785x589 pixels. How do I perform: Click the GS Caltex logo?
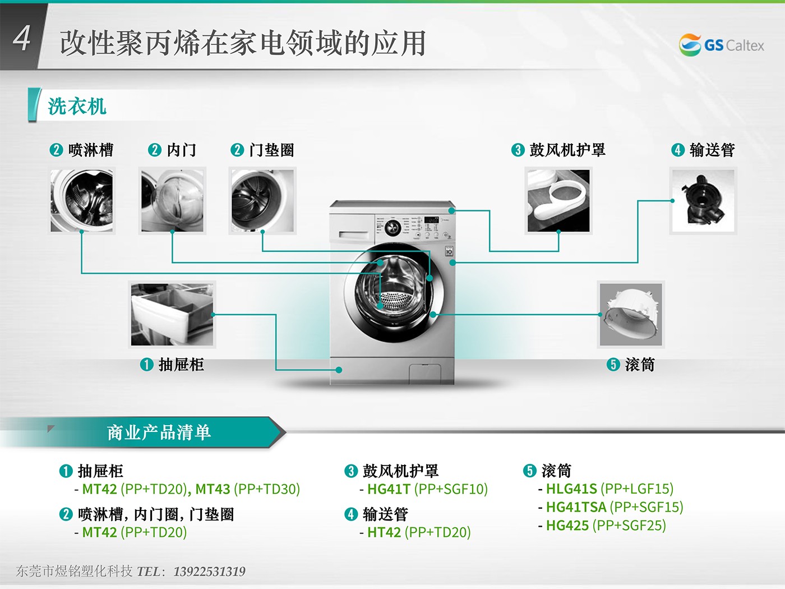coord(721,45)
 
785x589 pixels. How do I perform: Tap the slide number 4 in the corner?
coord(21,38)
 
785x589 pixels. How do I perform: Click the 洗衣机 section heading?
coord(77,106)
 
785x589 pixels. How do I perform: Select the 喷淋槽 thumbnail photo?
coord(81,201)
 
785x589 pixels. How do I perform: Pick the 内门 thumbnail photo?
coord(172,201)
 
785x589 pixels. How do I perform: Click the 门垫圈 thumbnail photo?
coord(262,201)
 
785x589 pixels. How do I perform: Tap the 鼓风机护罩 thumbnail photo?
coord(558,201)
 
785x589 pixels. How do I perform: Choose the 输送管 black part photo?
coord(703,201)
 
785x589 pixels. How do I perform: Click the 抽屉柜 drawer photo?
coord(172,314)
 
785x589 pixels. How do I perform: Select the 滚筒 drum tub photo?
coord(631,314)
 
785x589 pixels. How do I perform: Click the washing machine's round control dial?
coord(392,227)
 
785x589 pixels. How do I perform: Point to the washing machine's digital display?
coord(431,219)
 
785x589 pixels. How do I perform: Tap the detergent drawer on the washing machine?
coord(354,235)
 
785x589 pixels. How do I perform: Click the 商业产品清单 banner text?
coord(159,432)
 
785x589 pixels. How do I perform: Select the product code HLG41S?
coord(571,489)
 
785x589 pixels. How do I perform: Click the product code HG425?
coord(567,526)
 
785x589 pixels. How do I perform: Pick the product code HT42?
coord(384,532)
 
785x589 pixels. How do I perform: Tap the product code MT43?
coord(213,489)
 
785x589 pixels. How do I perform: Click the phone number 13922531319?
coord(209,572)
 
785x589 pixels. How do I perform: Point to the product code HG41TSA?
coord(576,507)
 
